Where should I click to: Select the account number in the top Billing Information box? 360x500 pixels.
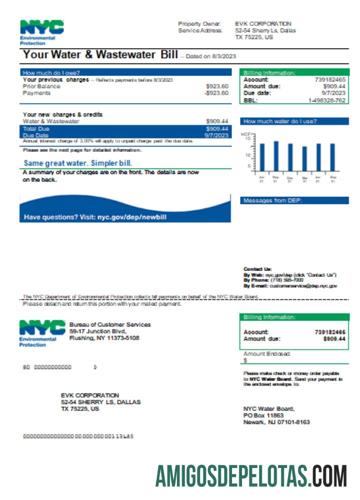tap(330, 79)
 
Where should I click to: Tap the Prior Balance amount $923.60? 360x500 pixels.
tap(217, 86)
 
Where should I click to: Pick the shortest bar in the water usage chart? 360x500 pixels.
tap(304, 159)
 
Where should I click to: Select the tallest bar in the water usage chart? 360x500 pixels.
tap(275, 156)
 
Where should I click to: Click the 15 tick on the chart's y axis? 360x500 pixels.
tap(248, 138)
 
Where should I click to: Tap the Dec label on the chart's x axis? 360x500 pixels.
tap(289, 177)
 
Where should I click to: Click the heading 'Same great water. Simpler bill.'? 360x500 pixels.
tap(77, 163)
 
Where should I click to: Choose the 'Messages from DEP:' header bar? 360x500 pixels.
tap(294, 200)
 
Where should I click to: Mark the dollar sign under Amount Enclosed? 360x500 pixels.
tap(245, 360)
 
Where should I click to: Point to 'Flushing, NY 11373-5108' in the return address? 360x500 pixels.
tap(104, 338)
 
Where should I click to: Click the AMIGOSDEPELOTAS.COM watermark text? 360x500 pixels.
tap(250, 475)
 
